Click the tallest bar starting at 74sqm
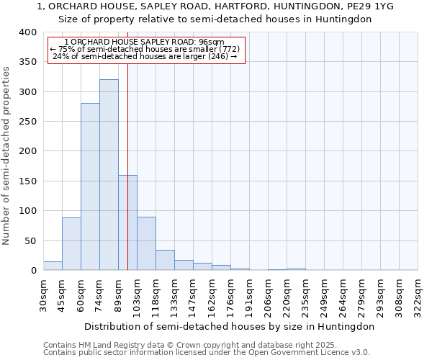pos(109,175)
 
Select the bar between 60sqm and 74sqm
pos(90,186)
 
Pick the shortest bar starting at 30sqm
pos(53,266)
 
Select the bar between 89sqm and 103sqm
pos(127,222)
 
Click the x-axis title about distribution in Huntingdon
pos(230,326)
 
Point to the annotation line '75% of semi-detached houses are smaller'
pos(146,49)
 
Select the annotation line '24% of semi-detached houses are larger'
pos(145,56)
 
